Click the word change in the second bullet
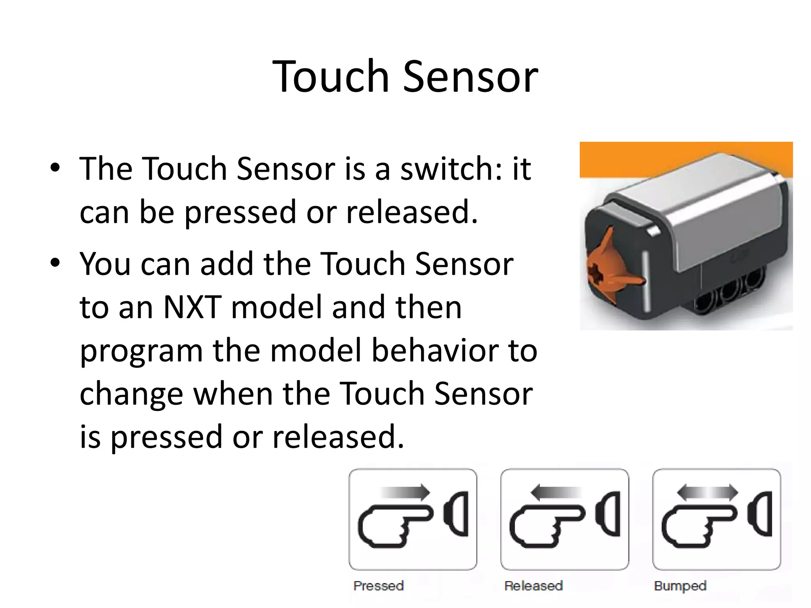[x=131, y=395]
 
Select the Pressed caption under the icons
[x=379, y=586]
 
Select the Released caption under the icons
[x=533, y=586]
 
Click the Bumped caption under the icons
[x=680, y=586]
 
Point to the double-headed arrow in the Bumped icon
[x=708, y=492]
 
